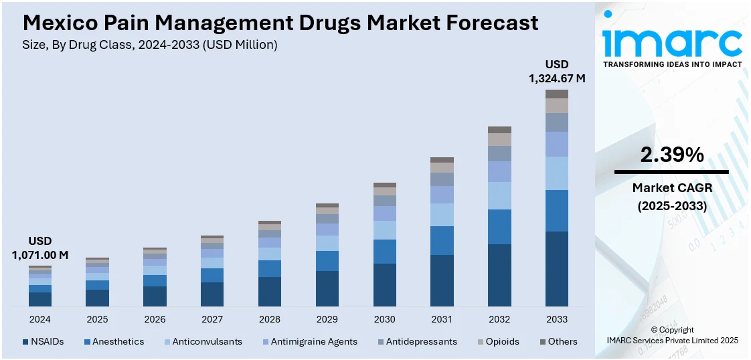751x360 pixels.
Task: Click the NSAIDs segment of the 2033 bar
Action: [x=556, y=269]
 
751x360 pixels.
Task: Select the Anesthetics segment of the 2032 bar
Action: [x=499, y=227]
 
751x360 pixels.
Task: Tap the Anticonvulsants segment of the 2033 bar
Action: [x=556, y=173]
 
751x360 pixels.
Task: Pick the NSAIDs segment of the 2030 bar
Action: [x=384, y=285]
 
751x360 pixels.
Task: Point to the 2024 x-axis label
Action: [x=40, y=319]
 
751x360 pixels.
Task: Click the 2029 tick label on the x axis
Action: [x=327, y=319]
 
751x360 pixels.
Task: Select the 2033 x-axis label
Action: [x=556, y=319]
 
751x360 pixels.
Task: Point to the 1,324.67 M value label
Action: [x=557, y=78]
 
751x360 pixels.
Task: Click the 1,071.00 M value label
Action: [x=40, y=255]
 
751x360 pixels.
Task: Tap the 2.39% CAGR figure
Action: [x=671, y=155]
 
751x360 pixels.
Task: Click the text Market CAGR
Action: [x=671, y=188]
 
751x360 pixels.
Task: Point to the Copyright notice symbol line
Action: [x=671, y=330]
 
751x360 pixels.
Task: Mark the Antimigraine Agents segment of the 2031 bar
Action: [x=442, y=195]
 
